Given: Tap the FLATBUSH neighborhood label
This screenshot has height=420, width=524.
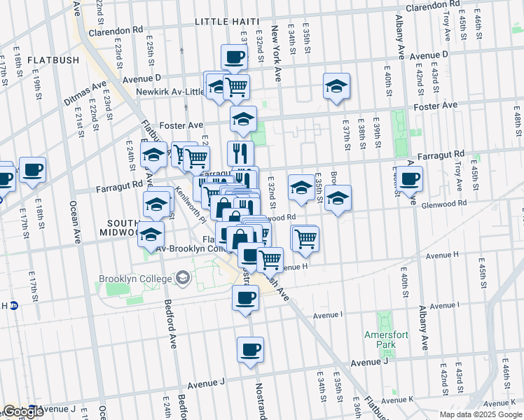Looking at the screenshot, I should (x=53, y=60).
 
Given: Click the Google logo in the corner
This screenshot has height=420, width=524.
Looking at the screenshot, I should (x=23, y=412).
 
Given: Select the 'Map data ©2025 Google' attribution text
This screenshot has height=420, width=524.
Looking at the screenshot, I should (x=481, y=414).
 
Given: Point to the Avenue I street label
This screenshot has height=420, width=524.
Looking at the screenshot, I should (x=444, y=306).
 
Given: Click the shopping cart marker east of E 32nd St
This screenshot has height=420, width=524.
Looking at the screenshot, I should (x=305, y=238).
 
